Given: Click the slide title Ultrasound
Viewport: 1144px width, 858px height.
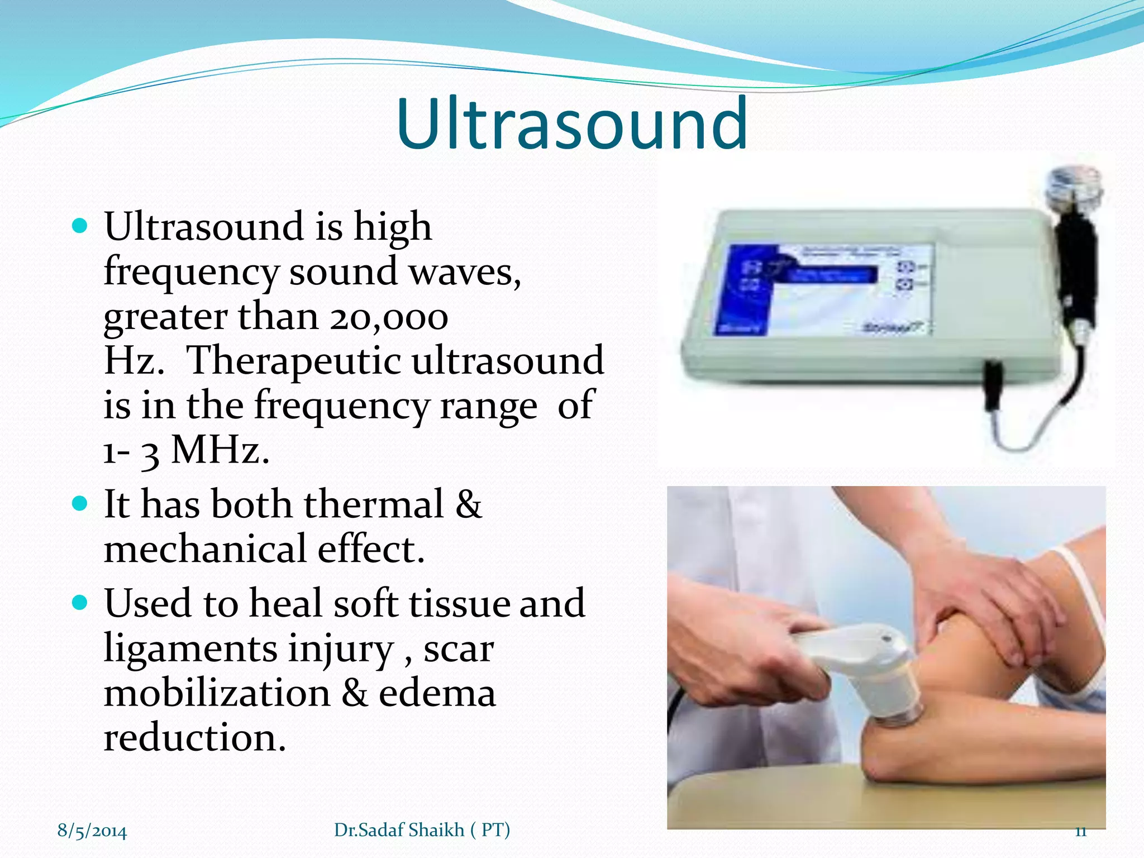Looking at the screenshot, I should point(572,124).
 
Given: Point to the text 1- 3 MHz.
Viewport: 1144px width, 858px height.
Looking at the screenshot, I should point(186,450).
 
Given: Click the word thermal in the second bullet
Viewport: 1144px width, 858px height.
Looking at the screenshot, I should point(374,504).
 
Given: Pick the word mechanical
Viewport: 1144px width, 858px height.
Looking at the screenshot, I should point(205,549).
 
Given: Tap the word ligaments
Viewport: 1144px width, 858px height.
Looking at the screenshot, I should point(190,649).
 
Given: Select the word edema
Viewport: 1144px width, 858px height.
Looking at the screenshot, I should point(437,693).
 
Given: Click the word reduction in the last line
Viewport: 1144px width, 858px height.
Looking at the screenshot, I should point(194,737).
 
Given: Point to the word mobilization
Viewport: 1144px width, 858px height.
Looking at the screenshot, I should point(217,693).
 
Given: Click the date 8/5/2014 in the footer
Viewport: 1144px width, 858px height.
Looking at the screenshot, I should point(92,831).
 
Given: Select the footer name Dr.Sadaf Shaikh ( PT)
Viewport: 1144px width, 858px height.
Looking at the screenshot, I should point(422,830).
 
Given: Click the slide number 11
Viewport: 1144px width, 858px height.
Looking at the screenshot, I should point(1080,831).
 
